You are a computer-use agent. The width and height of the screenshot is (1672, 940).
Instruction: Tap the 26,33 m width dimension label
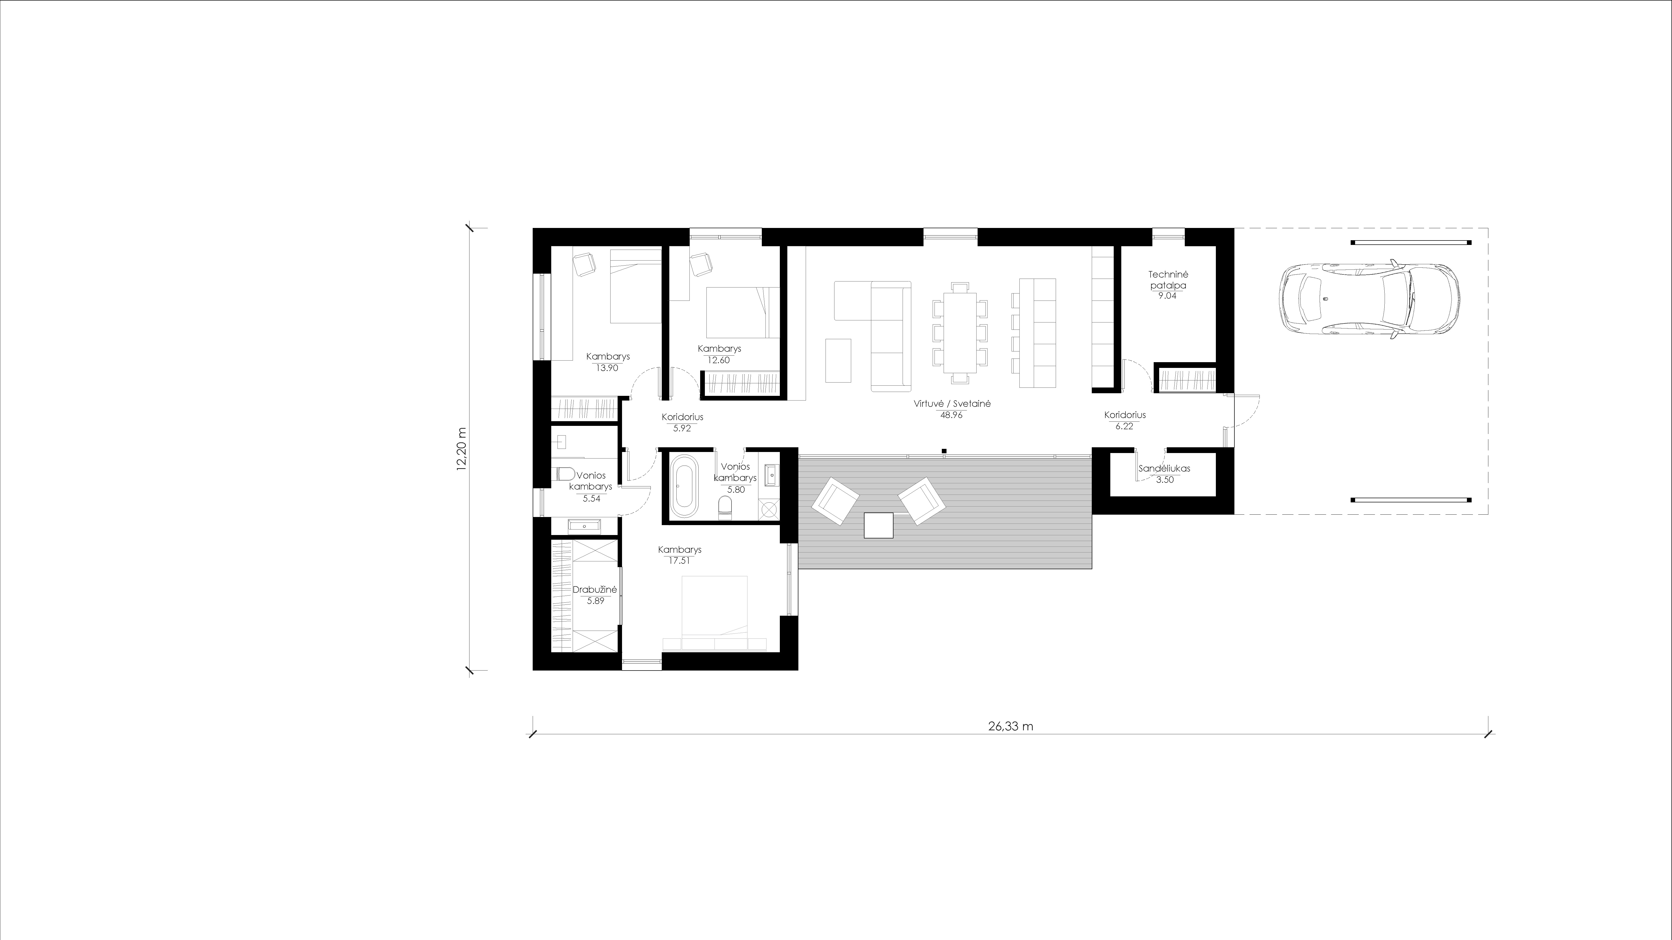[1011, 727]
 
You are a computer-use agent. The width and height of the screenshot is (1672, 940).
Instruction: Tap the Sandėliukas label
[1164, 468]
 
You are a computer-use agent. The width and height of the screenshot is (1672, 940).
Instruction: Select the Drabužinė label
[595, 590]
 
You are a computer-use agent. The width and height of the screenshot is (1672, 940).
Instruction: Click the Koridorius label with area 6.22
[1125, 415]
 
